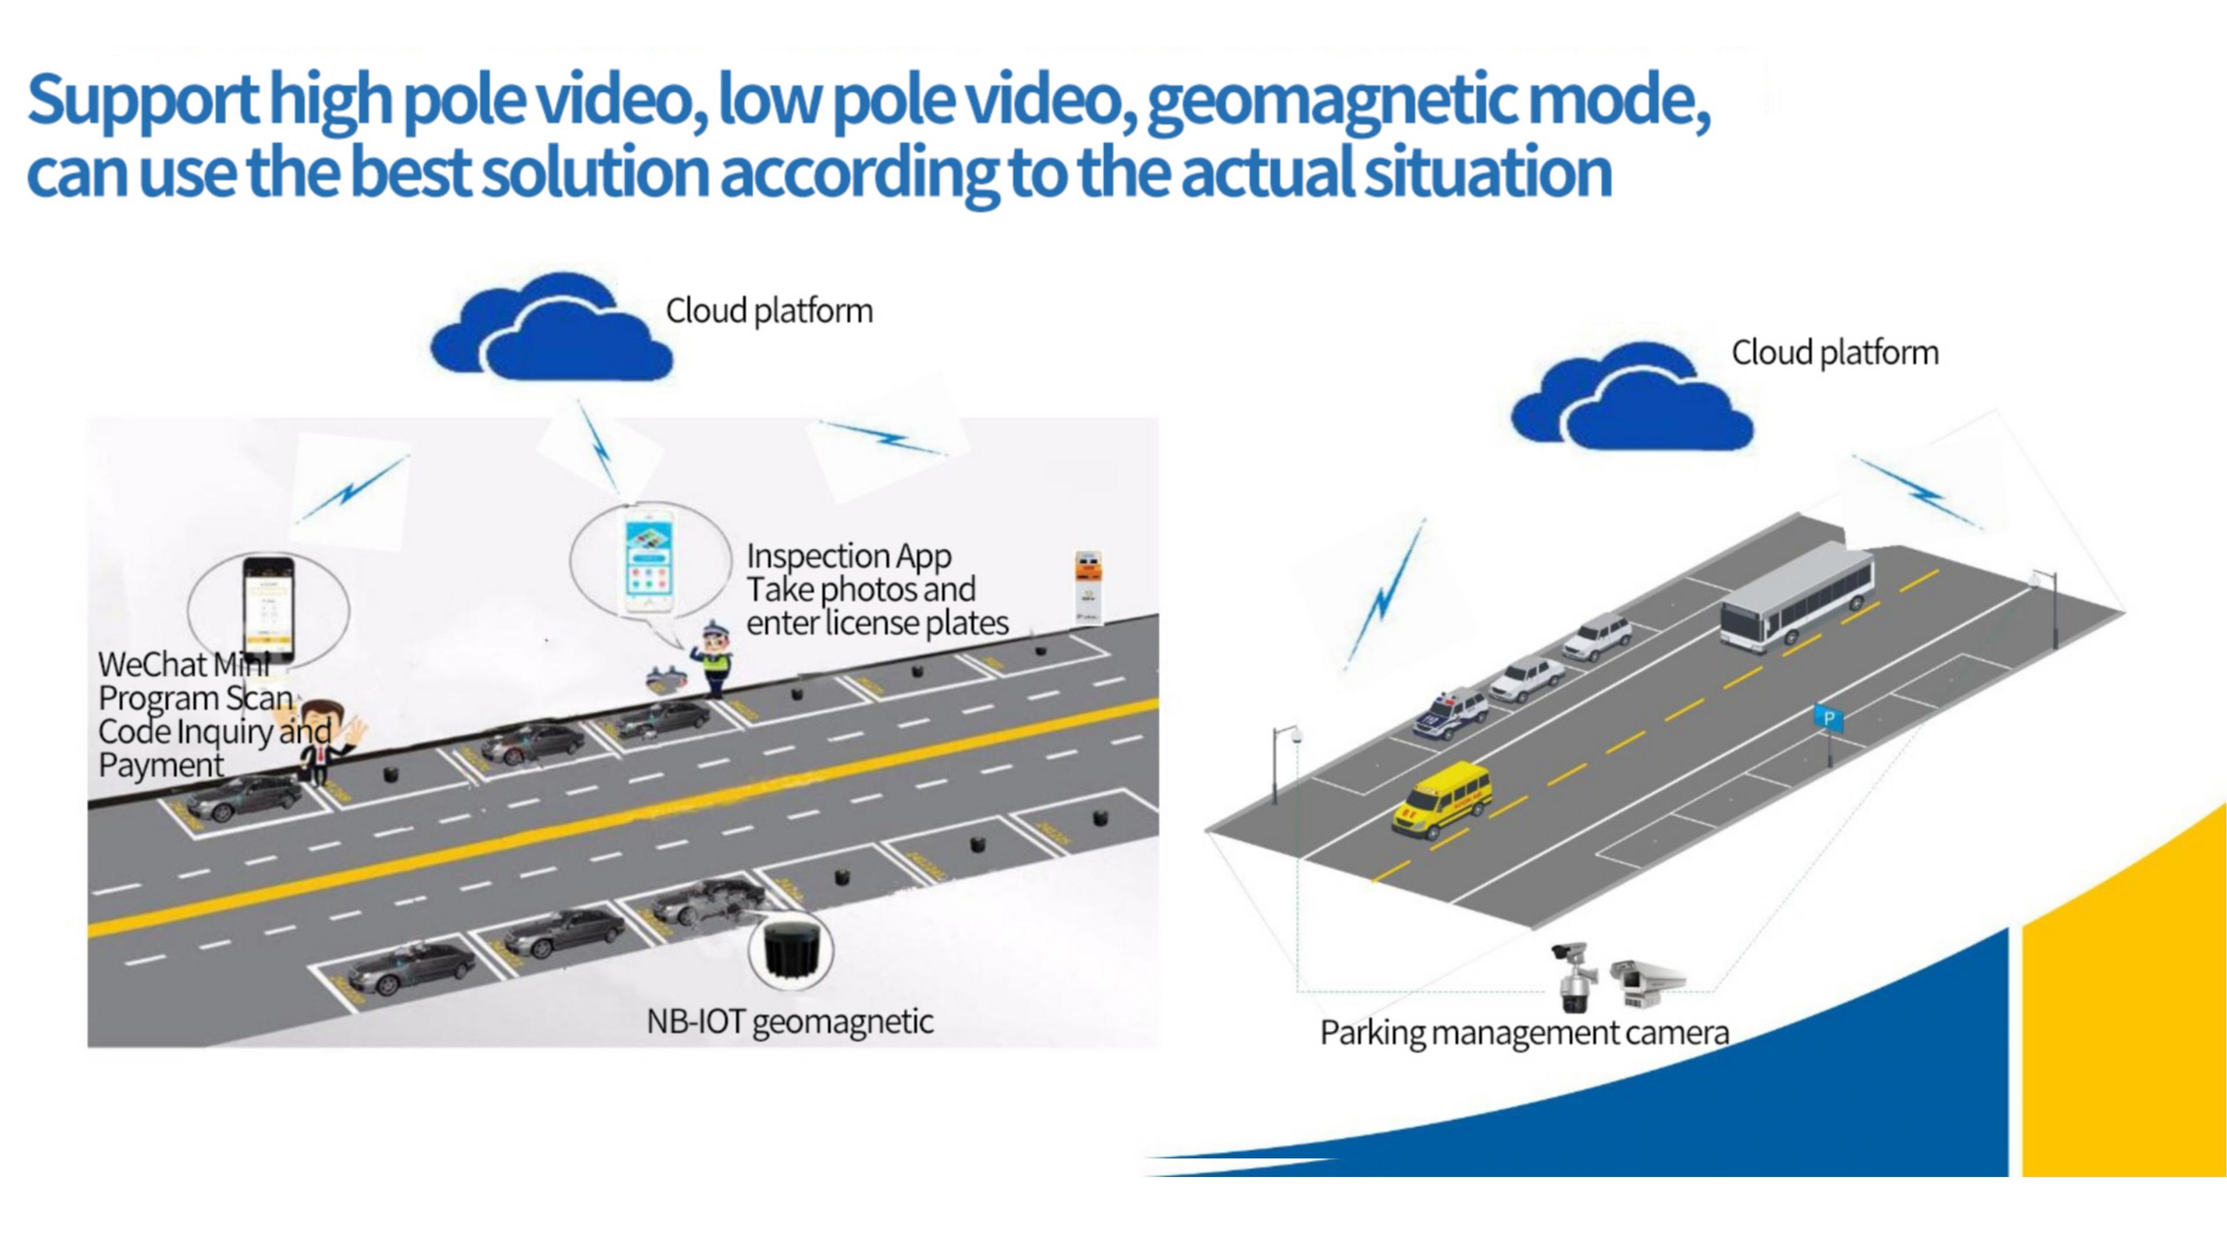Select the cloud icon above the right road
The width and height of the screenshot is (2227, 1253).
pyautogui.click(x=1632, y=402)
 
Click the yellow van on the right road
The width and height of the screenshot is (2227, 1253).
pyautogui.click(x=1439, y=800)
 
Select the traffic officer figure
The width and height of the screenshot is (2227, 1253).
pyautogui.click(x=714, y=659)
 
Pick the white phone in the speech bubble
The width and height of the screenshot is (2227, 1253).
pyautogui.click(x=650, y=562)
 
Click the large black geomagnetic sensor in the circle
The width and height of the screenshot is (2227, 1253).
pyautogui.click(x=789, y=950)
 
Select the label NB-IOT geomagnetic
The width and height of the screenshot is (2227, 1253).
pyautogui.click(x=789, y=1022)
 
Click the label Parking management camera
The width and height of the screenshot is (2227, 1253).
pyautogui.click(x=1524, y=1033)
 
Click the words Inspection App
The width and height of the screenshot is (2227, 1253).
pyautogui.click(x=849, y=556)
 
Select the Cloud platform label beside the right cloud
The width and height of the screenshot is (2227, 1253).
pyautogui.click(x=1834, y=353)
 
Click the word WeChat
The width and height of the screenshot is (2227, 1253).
pyautogui.click(x=152, y=665)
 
